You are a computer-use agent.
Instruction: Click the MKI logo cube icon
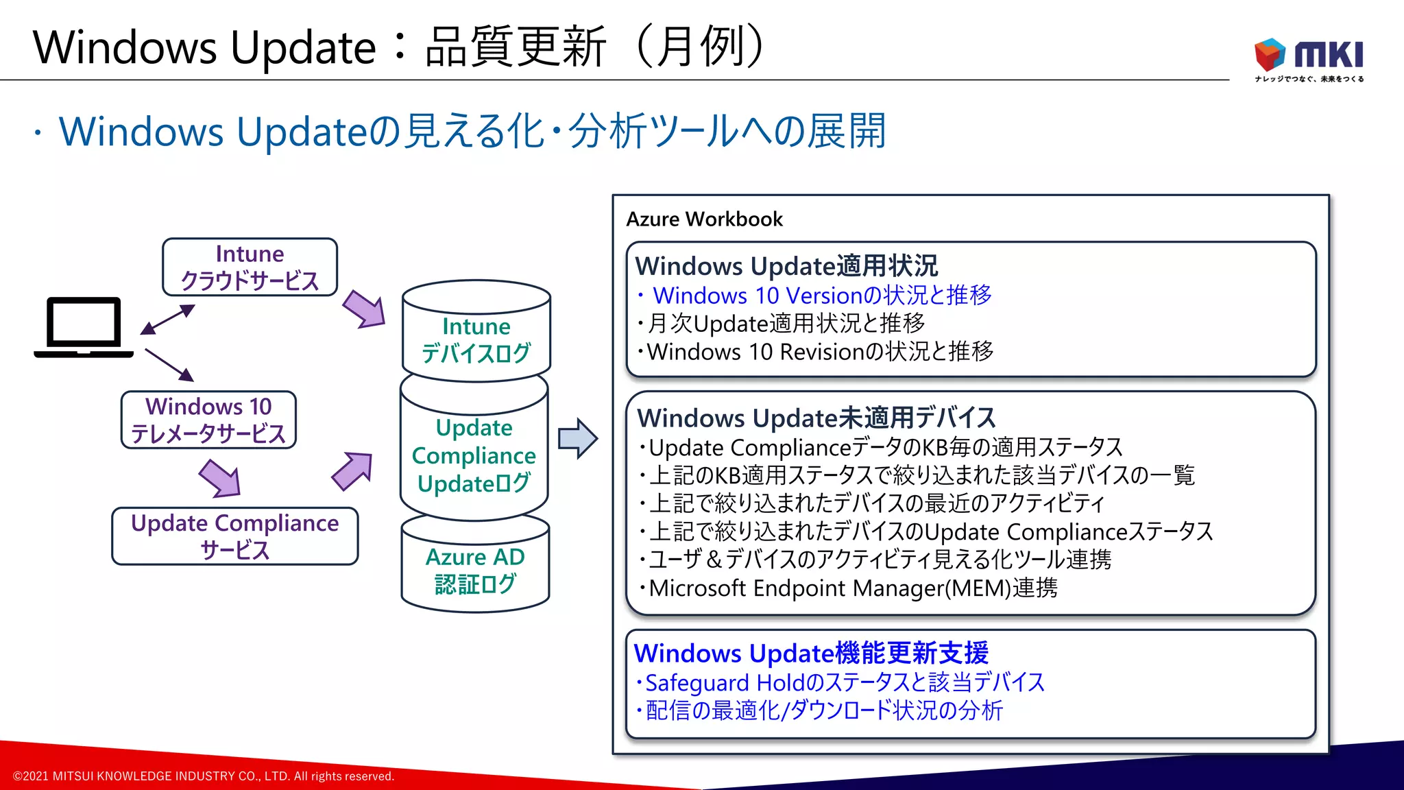[1270, 53]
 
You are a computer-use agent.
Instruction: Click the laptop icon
[84, 327]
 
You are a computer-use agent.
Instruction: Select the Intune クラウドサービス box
[250, 267]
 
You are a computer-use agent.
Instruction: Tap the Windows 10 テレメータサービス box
[208, 420]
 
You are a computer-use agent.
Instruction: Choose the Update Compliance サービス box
[234, 536]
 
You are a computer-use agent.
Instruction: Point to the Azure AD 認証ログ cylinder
[475, 569]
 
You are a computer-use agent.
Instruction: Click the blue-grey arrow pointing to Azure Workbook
[577, 438]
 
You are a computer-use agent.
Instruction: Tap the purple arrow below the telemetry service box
[220, 478]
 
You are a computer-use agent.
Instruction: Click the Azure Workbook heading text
[704, 219]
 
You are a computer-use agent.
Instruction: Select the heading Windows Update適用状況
[786, 266]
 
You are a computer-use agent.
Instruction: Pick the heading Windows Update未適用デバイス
[816, 418]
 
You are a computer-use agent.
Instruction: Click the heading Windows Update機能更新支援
[811, 653]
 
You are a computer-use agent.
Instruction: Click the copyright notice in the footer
[204, 776]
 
